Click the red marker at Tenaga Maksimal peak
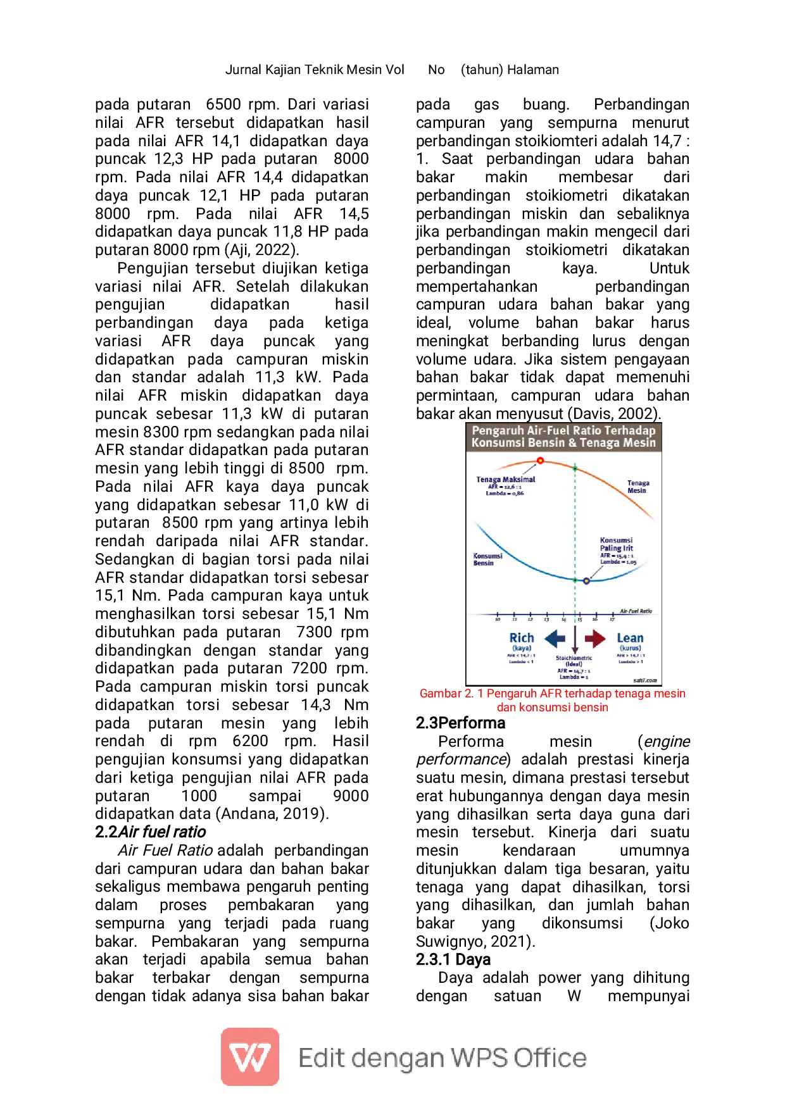point(540,461)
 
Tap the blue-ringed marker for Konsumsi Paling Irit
point(586,580)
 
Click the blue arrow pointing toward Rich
point(555,639)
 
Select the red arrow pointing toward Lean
point(595,639)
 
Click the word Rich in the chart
point(522,638)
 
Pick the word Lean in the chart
point(630,638)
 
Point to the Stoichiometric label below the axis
point(574,658)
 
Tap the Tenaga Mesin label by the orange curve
point(638,487)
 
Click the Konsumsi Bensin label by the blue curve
point(487,559)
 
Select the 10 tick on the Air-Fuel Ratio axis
point(498,619)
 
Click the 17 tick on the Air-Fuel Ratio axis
point(612,619)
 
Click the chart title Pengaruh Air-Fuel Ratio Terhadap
point(563,430)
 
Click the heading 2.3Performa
point(460,723)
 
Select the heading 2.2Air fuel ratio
point(150,832)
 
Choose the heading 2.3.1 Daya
point(453,960)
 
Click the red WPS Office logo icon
point(250,1057)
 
